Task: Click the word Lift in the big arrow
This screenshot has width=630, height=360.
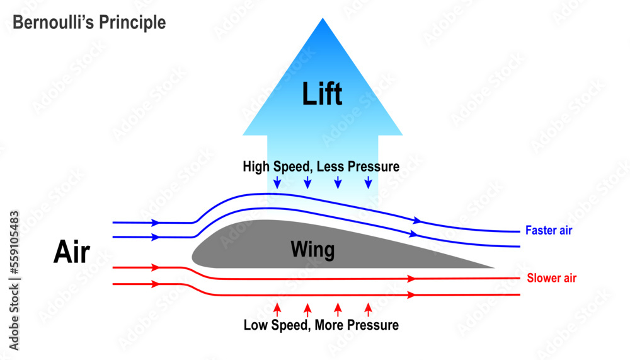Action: [x=322, y=94]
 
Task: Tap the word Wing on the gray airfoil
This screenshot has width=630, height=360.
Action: [x=312, y=250]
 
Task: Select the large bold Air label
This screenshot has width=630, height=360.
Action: [x=72, y=253]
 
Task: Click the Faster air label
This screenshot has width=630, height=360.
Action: [x=549, y=231]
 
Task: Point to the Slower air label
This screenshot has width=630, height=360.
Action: [x=551, y=278]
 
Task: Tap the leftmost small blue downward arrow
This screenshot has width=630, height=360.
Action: [x=277, y=182]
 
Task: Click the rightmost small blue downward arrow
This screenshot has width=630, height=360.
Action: [x=369, y=182]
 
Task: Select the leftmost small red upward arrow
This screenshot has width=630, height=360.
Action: [x=277, y=309]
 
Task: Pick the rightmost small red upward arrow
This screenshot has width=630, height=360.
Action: [x=369, y=309]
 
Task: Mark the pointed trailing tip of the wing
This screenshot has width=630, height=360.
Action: [x=493, y=268]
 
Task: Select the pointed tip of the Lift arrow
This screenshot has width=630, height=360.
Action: [x=323, y=20]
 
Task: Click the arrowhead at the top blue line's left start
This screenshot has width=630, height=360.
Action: [x=154, y=223]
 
